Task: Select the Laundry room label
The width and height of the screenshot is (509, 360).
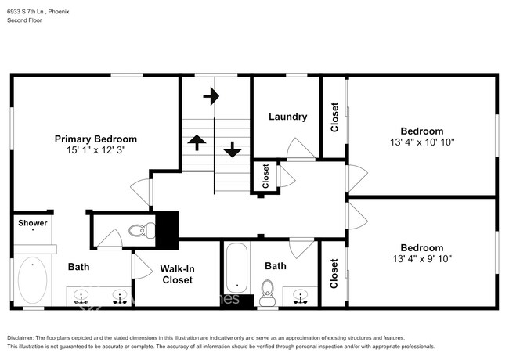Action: point(287,117)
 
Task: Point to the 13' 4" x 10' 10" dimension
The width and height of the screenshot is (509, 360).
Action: point(422,142)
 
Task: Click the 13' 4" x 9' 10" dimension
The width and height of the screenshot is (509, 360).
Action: point(422,258)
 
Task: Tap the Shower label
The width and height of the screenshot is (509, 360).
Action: point(33,223)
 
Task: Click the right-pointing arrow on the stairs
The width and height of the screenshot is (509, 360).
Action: point(211,96)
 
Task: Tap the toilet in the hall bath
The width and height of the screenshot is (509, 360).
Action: point(267,297)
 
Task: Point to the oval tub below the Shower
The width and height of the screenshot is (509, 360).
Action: point(31,279)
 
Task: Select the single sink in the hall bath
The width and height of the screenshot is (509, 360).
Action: point(299,296)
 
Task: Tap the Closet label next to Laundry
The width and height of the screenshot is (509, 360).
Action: point(334,117)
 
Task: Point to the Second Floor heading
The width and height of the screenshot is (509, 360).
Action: point(25,21)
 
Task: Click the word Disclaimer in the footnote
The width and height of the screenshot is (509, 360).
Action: point(23,337)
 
